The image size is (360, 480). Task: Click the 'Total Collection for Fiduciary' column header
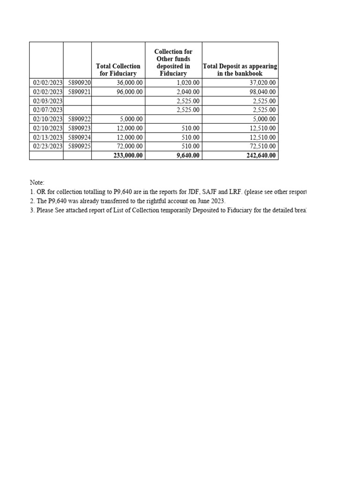[x=118, y=70]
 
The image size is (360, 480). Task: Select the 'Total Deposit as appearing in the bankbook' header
[x=240, y=70]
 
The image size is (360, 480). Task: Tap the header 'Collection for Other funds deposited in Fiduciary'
[x=173, y=62]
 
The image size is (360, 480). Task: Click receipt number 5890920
[x=79, y=83]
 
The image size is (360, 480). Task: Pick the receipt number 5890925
[x=79, y=146]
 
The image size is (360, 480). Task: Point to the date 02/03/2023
[x=48, y=101]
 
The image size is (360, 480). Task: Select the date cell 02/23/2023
[x=48, y=146]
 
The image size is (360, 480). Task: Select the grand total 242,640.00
[x=261, y=156]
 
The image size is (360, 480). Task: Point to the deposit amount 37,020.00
[x=263, y=83]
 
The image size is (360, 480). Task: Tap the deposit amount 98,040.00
[x=263, y=92]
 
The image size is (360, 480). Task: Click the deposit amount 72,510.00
[x=263, y=146]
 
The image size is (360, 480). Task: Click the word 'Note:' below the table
[x=37, y=182]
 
